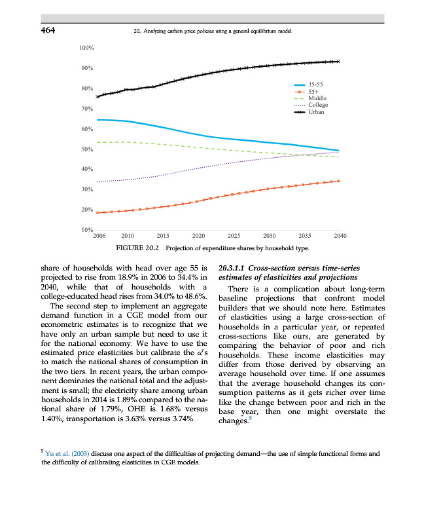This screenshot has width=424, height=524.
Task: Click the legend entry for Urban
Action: (317, 112)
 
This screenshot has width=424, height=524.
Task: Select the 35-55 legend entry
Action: (317, 84)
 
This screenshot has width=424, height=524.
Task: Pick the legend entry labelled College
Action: (318, 105)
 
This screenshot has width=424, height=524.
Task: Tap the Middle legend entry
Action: (317, 98)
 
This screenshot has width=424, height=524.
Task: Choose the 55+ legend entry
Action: (314, 92)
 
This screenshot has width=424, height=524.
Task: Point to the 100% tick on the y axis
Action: (87, 48)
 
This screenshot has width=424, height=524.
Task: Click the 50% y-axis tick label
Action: (87, 149)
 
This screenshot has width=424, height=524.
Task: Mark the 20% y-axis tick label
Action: (87, 210)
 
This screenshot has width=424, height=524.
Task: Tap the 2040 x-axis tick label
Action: (340, 234)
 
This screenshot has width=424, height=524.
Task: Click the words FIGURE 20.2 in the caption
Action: (138, 249)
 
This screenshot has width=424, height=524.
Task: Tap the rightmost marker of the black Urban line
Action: (338, 62)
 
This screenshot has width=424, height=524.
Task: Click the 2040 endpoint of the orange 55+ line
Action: (338, 181)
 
